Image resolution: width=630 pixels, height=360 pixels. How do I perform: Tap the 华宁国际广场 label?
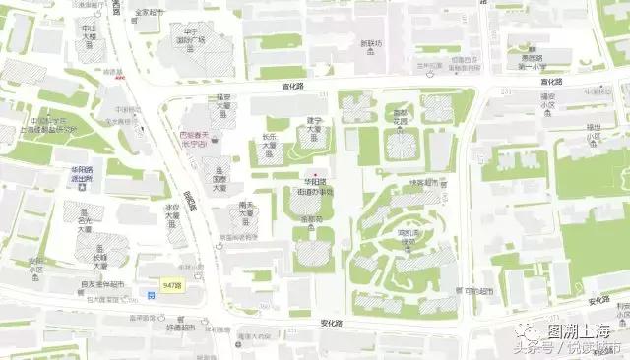[x=193, y=40]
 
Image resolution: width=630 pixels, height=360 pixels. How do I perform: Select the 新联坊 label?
[x=371, y=43]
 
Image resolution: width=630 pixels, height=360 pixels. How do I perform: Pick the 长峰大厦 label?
[x=101, y=258]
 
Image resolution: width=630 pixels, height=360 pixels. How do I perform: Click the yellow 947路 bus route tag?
[x=172, y=283]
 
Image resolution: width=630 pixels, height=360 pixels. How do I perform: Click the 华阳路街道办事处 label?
[x=317, y=186]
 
